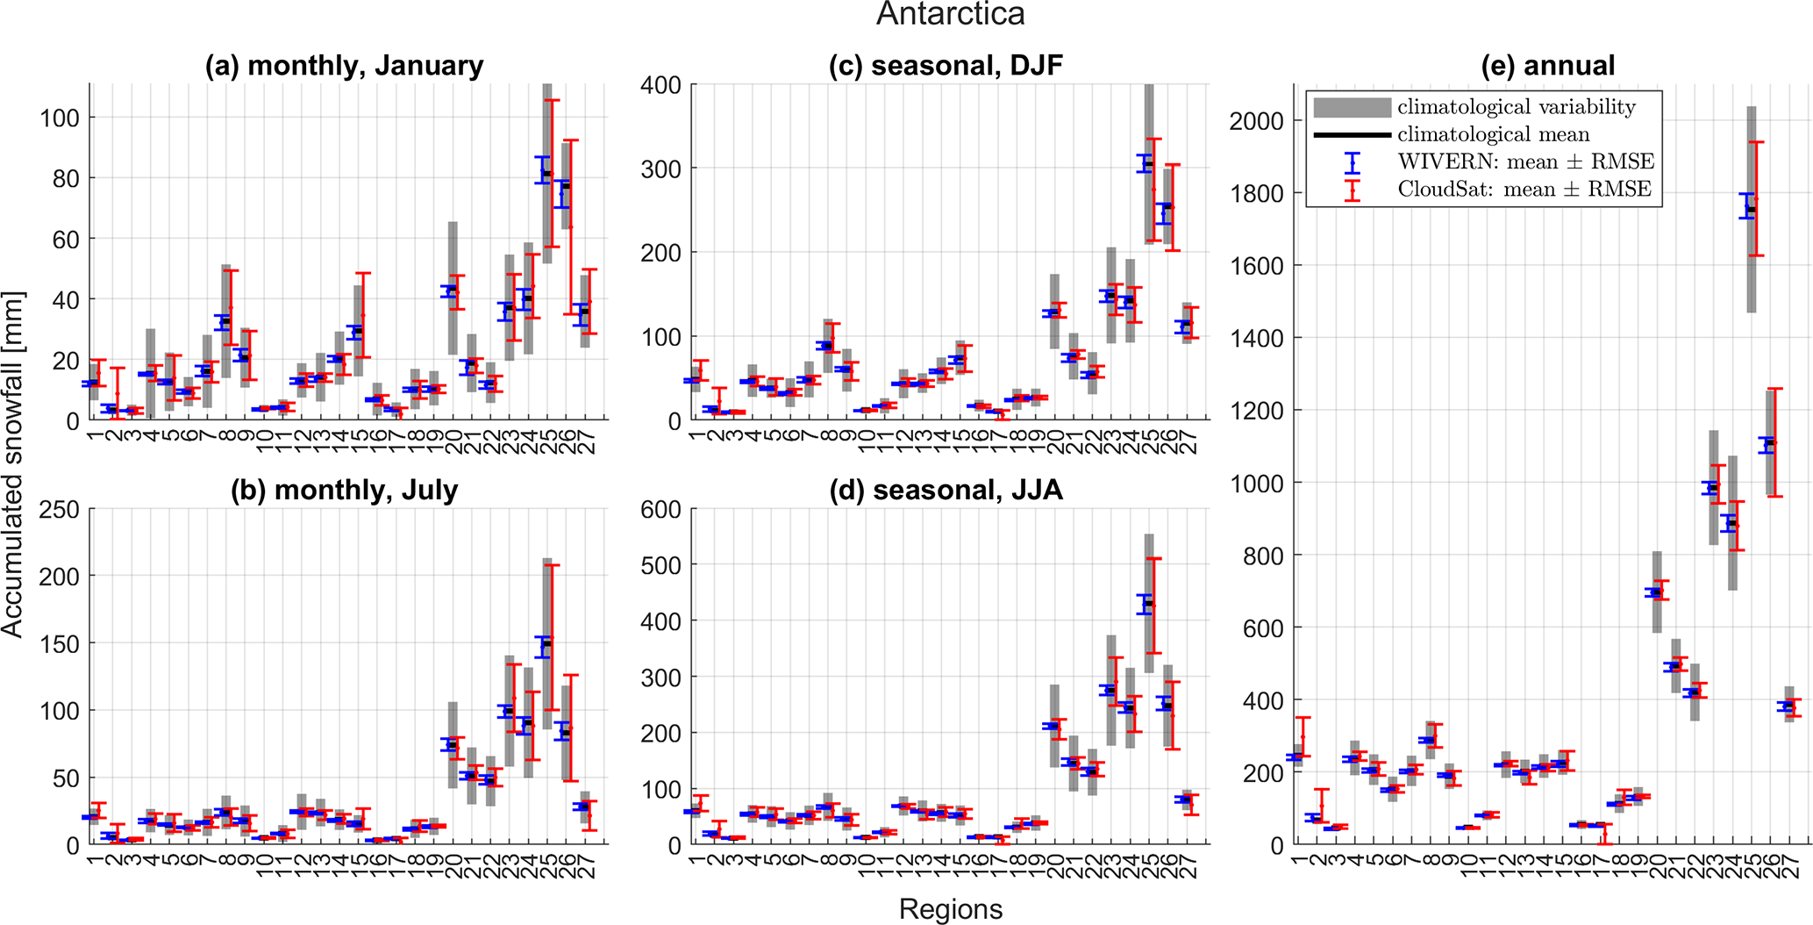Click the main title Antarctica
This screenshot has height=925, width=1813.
tap(950, 15)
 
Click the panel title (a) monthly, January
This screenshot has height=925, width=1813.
tap(344, 66)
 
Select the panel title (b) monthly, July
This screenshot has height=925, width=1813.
tap(344, 490)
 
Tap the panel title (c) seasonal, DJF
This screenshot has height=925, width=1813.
tap(946, 66)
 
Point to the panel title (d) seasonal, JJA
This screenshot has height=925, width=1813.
tap(946, 490)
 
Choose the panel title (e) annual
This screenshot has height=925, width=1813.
tap(1547, 66)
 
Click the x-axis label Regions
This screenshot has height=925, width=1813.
tap(950, 909)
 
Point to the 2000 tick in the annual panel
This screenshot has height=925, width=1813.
tap(1256, 121)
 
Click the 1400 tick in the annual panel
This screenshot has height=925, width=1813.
tap(1256, 339)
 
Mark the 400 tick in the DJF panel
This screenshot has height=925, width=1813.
tap(660, 85)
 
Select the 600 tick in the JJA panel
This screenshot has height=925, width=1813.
tap(660, 510)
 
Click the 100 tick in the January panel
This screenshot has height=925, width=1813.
tap(59, 118)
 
